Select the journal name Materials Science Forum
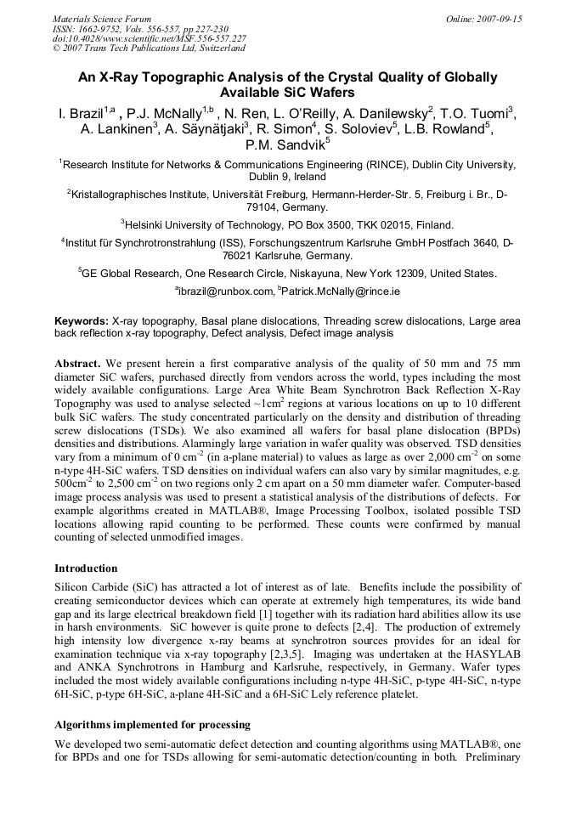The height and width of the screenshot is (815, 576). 102,19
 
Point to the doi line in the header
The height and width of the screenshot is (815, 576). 150,39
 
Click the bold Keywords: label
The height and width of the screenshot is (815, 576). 82,322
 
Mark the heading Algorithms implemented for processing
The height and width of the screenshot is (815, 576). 152,725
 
